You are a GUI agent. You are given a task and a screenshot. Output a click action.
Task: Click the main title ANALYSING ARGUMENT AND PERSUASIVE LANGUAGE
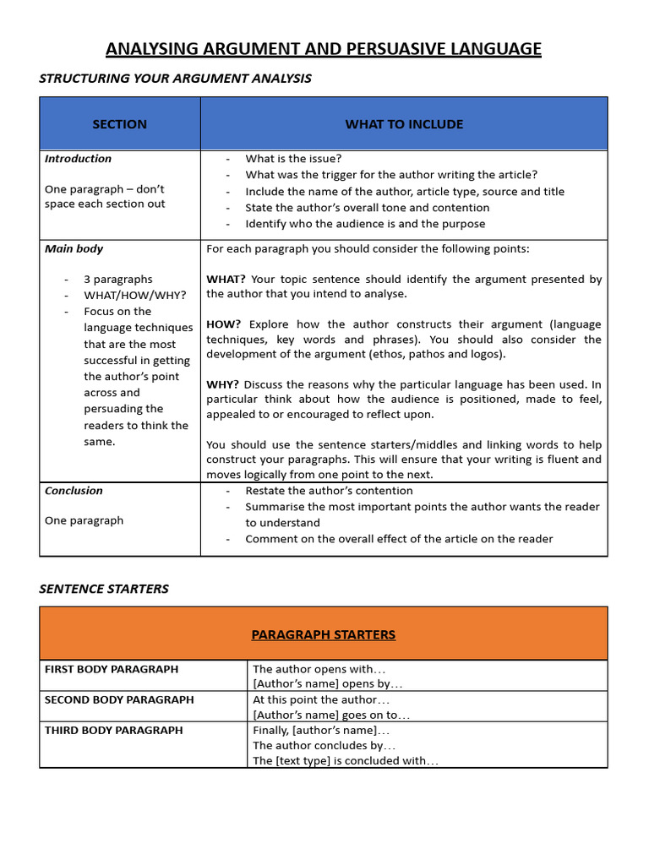tap(324, 49)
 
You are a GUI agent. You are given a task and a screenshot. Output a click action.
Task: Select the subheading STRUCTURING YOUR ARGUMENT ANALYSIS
tap(175, 79)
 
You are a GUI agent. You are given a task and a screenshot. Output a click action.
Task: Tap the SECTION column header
tap(119, 124)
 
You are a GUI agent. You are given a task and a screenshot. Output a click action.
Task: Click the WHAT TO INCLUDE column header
tap(404, 124)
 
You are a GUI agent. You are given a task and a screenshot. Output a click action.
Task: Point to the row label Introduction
tap(78, 159)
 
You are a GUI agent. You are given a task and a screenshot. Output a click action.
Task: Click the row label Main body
tap(74, 249)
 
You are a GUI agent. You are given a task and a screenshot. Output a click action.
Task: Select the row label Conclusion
tap(74, 491)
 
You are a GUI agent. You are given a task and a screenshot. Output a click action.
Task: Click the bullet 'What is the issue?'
tap(293, 159)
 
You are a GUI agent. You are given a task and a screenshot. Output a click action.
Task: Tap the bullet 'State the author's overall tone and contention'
tap(367, 208)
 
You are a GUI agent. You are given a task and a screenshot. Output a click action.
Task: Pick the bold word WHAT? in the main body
tap(226, 279)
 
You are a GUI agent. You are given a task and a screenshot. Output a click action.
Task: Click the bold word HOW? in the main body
tap(224, 324)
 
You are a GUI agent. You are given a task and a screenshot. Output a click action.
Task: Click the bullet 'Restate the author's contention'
tap(329, 491)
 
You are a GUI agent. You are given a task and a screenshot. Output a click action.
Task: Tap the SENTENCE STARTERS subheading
tap(104, 589)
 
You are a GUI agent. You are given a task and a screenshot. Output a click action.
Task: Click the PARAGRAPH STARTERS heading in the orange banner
tap(324, 634)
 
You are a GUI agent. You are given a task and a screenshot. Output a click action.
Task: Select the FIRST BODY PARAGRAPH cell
tap(112, 669)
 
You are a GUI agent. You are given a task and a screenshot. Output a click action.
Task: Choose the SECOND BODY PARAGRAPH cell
tap(119, 699)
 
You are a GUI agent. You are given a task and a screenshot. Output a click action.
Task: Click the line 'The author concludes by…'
tap(324, 746)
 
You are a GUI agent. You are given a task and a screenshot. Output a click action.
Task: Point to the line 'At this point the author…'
tap(321, 699)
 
